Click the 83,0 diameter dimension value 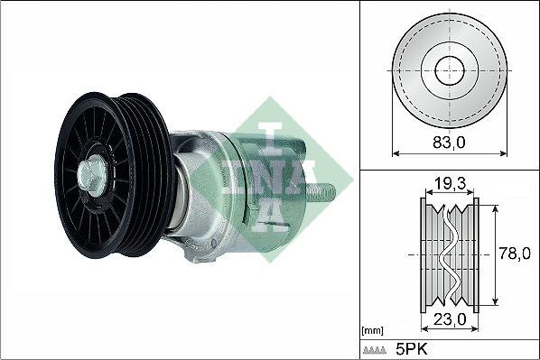(x=449, y=142)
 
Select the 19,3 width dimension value (x=449, y=184)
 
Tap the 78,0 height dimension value (x=515, y=254)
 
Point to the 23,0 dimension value (x=450, y=319)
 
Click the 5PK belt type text (x=412, y=350)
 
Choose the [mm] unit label (x=373, y=331)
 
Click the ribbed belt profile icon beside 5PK (x=375, y=350)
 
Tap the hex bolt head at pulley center (x=91, y=174)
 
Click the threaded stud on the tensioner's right (x=321, y=191)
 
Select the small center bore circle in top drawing (x=450, y=70)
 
